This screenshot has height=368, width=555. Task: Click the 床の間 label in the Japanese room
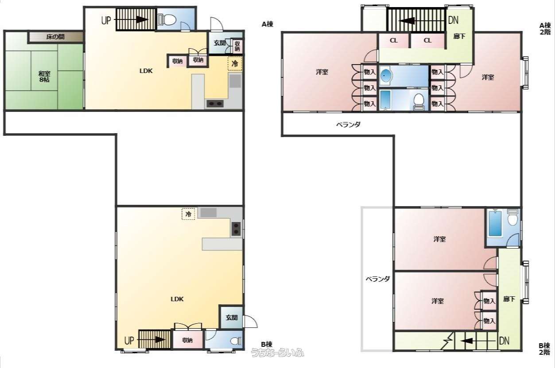tap(55, 37)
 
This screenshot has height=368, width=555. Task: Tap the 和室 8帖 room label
tap(44, 77)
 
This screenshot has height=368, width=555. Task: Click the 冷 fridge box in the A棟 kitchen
tap(235, 64)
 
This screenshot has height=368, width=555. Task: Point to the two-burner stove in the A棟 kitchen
tap(215, 103)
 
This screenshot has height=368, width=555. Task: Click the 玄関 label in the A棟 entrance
tap(220, 43)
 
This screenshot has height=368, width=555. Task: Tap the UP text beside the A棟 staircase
tap(106, 20)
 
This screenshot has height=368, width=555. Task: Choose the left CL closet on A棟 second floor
tap(393, 40)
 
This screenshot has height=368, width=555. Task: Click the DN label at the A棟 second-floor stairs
tap(453, 20)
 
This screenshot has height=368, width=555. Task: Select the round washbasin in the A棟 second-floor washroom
tap(386, 75)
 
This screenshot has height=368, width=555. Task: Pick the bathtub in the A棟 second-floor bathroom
tap(385, 100)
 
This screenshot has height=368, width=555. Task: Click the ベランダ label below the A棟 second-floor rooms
tap(348, 124)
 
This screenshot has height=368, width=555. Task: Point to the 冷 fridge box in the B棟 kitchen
tap(188, 214)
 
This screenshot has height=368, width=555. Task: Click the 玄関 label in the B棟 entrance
tap(232, 318)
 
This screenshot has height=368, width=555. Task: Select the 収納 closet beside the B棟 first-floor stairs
tap(187, 340)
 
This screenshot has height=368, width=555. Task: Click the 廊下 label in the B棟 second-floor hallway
tap(509, 299)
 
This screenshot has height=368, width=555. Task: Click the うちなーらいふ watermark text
tap(277, 353)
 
